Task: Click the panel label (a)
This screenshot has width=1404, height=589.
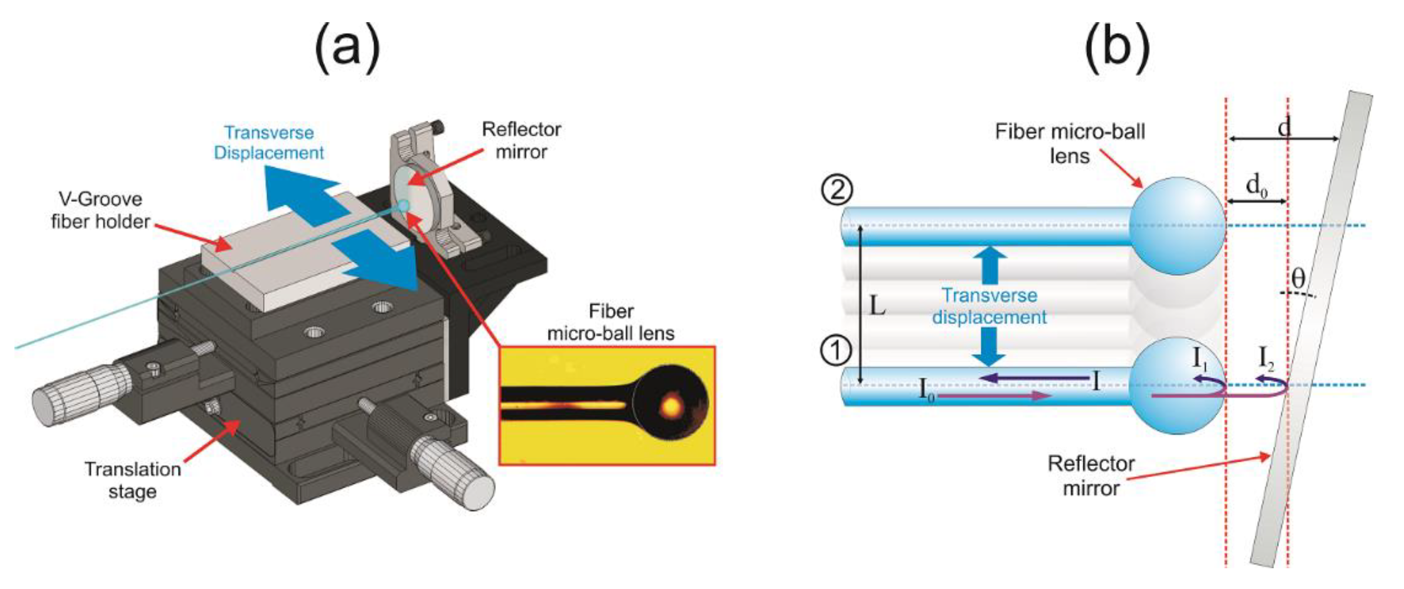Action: coord(347,48)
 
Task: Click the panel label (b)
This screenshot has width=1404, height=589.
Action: coord(1117,48)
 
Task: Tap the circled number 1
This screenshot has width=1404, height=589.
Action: coord(836,352)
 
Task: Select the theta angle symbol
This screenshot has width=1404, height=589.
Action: coord(1299,279)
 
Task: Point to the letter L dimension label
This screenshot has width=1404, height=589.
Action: coord(876,307)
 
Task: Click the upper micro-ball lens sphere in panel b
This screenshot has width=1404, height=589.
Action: coord(1177,225)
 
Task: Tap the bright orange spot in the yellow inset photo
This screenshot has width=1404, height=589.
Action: coord(671,405)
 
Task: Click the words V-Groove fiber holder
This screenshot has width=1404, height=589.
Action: coord(101,210)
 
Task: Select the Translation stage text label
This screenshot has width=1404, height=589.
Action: coord(132,480)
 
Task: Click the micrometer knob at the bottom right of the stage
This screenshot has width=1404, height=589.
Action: coord(458,474)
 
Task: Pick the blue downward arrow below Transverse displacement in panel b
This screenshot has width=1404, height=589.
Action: coord(989,347)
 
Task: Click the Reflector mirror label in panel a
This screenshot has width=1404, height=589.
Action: coord(521,141)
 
